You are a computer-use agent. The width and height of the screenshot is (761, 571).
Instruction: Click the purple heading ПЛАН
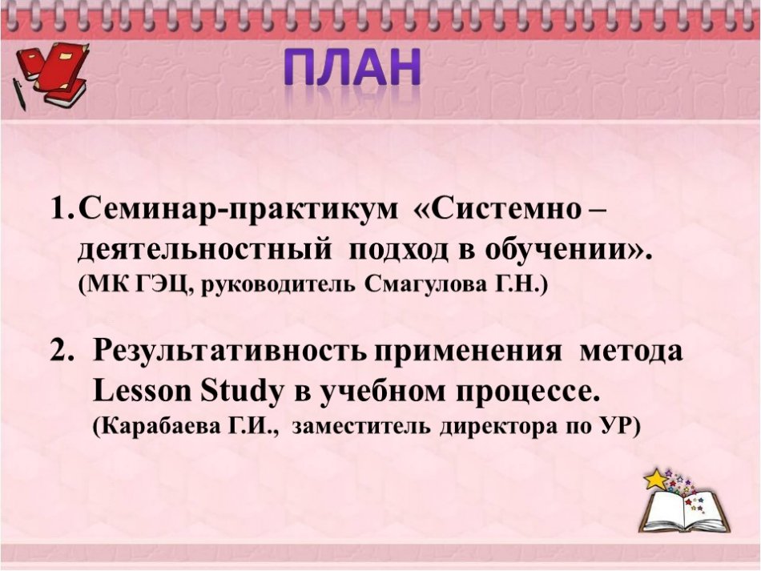click(x=352, y=68)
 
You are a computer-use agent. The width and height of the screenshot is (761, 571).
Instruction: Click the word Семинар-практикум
click(x=238, y=211)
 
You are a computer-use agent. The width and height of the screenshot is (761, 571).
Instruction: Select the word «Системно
click(x=498, y=210)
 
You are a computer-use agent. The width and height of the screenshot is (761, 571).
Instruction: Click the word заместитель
click(x=362, y=427)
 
